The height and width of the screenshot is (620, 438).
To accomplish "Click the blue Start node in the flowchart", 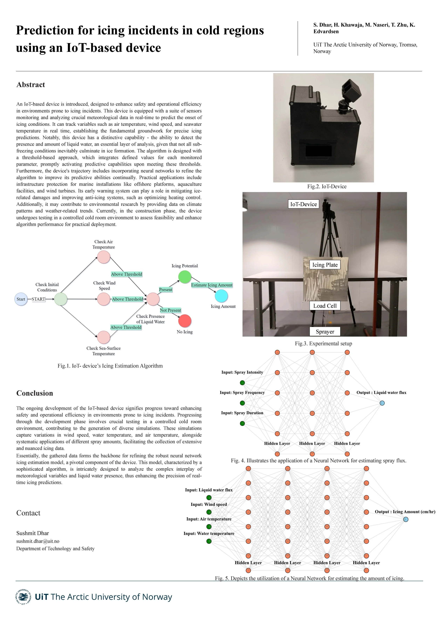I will click(x=21, y=299).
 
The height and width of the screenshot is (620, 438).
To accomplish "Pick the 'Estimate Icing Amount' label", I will click(x=212, y=285).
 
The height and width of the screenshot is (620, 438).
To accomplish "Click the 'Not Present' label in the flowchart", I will click(x=170, y=310).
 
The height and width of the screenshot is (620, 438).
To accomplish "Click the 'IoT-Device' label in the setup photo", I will click(x=303, y=204).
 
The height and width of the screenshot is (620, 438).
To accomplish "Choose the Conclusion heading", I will click(x=35, y=393).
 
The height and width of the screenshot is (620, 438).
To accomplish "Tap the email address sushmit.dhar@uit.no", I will click(x=38, y=541).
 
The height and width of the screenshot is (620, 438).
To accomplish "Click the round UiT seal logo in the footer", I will click(x=23, y=597).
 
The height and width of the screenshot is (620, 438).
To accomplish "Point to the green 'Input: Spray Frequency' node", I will click(x=242, y=403).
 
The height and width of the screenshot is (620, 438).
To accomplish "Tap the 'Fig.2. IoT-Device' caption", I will click(x=327, y=187).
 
